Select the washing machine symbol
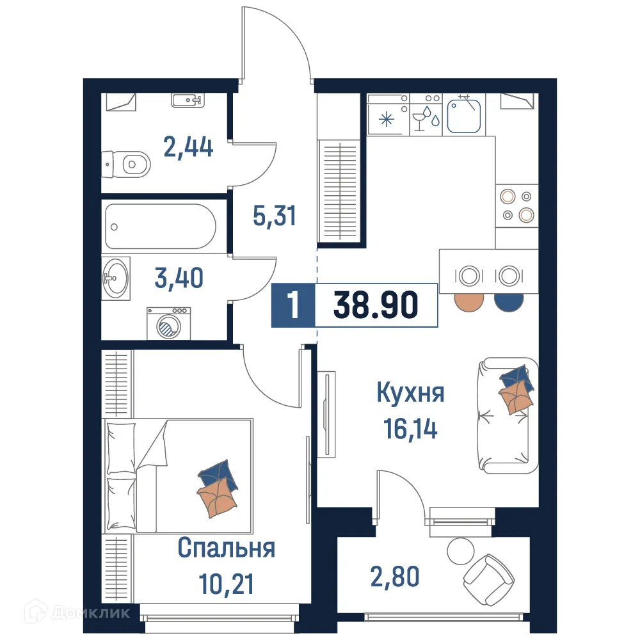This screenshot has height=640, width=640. point(168,323)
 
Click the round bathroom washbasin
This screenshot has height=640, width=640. point(115,278)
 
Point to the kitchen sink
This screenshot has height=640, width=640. point(463,115)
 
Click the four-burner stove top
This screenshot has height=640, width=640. point(516,205)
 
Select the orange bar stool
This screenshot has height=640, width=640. point(468,303)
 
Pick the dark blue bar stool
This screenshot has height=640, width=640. point(509,303)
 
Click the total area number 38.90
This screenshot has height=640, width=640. point(376,305)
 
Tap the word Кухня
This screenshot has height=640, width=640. point(410,392)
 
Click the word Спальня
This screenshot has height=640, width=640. point(226,548)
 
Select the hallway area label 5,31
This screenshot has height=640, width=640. point(275,216)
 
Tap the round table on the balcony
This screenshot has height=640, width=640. point(458,549)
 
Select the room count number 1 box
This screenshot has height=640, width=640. point(293,305)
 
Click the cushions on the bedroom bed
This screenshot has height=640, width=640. point(218,486)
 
